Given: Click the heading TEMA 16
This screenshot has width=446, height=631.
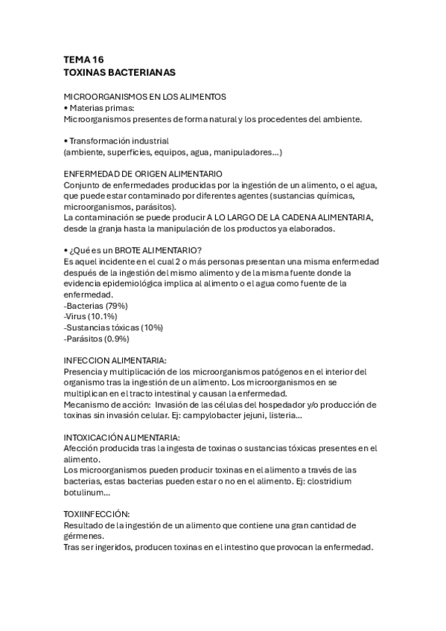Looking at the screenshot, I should tap(84, 60).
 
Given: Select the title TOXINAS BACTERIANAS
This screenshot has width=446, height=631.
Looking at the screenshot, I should tap(119, 73).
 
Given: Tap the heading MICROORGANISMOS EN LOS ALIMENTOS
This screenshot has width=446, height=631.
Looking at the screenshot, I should tap(144, 97).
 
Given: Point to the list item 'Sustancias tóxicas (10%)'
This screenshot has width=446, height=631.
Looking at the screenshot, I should tap(113, 327).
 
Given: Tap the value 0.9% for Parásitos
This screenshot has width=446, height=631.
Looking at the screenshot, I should tap(115, 339).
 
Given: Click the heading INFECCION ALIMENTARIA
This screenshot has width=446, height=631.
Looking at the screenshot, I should tap(115, 360).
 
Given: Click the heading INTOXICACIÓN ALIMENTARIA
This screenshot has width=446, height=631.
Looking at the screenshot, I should tap(122, 438).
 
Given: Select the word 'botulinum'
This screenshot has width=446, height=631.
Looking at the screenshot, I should tap(86, 492).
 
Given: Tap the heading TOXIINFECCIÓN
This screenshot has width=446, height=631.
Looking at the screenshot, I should tap(98, 514).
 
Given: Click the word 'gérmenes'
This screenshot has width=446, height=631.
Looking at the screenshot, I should tap(84, 536).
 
